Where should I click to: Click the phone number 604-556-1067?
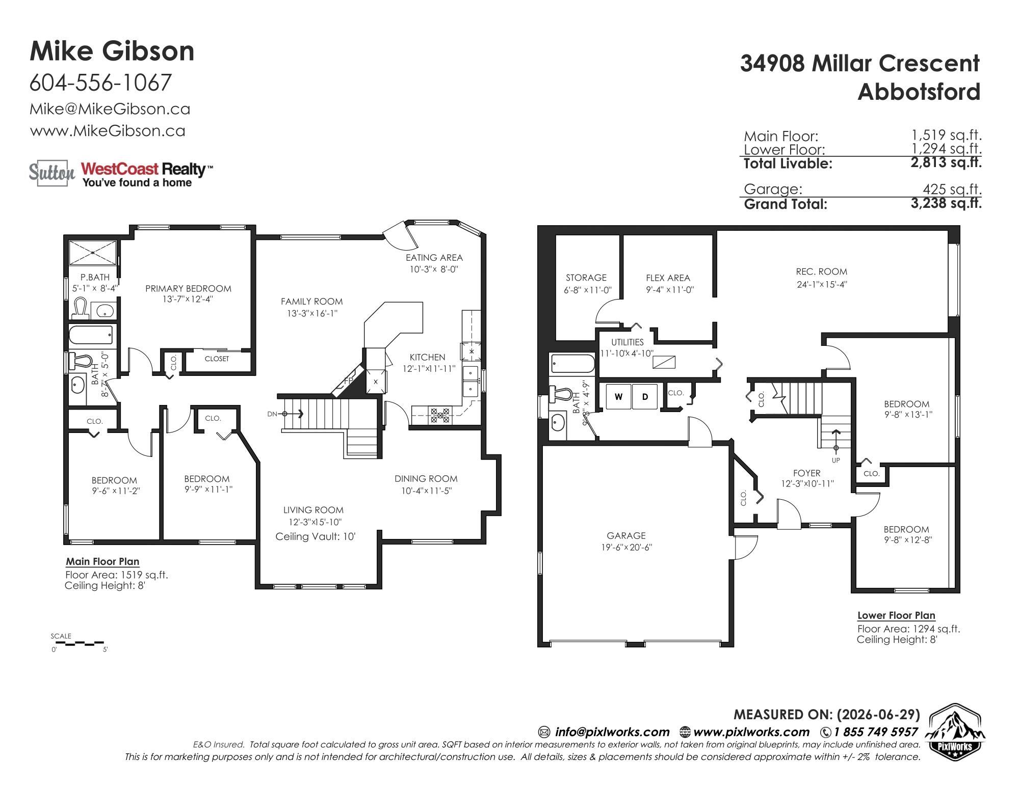click(100, 83)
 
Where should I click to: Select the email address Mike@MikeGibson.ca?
click(110, 109)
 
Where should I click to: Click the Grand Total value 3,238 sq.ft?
click(946, 203)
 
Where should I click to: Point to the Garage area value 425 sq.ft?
click(952, 189)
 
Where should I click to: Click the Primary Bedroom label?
click(188, 288)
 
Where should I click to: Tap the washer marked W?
click(618, 397)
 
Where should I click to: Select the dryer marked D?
click(645, 397)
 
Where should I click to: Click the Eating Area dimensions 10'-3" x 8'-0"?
click(434, 269)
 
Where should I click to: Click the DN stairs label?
click(272, 414)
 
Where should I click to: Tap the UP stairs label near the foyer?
click(835, 460)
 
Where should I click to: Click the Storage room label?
click(586, 278)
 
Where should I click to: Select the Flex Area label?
click(668, 278)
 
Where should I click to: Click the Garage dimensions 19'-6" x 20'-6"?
click(626, 547)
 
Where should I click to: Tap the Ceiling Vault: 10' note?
click(315, 536)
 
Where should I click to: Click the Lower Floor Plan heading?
click(896, 615)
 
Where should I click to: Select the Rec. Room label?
click(821, 272)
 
